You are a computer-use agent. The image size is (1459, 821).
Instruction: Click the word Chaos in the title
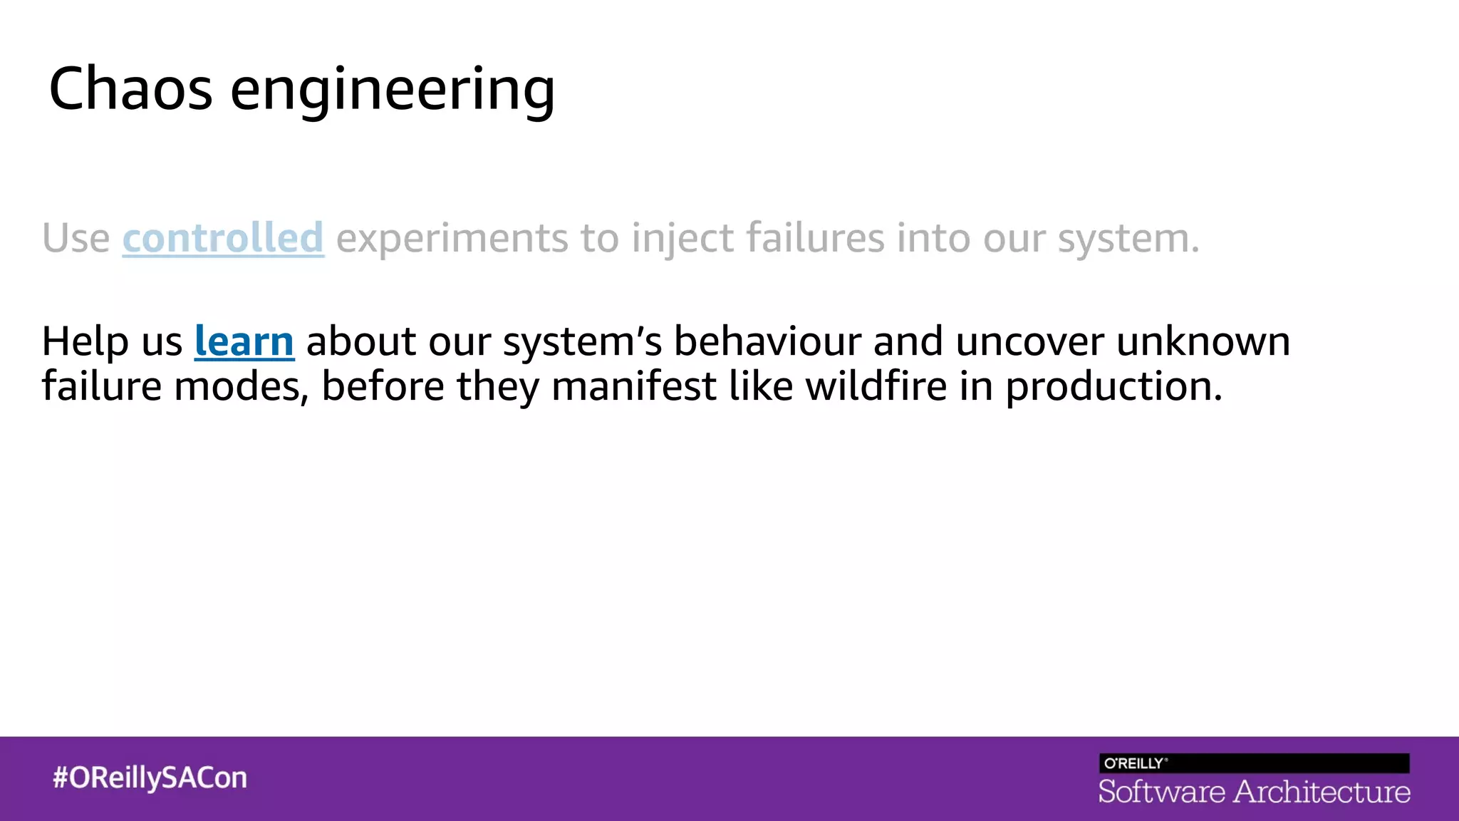tap(130, 89)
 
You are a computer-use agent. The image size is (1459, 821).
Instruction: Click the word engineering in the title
tap(392, 91)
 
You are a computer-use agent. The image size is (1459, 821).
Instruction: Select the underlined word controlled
tap(223, 238)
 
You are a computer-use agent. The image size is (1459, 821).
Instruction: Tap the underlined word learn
tap(244, 341)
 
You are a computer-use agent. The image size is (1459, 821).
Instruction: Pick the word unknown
tap(1203, 341)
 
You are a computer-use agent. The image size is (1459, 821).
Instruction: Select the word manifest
tap(633, 386)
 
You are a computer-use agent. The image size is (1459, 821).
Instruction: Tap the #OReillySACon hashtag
tap(150, 778)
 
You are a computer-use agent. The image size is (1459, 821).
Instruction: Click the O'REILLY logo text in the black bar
tap(1134, 763)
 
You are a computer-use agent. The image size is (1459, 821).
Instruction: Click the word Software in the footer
tap(1161, 792)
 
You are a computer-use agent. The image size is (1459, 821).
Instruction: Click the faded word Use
tap(76, 238)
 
